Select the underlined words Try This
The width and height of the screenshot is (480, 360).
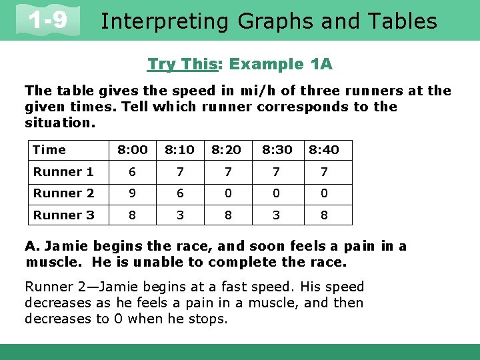[x=178, y=65]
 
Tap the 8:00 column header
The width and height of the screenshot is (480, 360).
[x=132, y=150]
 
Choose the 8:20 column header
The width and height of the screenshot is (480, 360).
[x=227, y=150]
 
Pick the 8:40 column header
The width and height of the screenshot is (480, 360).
[x=323, y=150]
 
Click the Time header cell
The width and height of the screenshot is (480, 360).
[x=49, y=150]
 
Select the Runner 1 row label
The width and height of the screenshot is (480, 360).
[x=63, y=172]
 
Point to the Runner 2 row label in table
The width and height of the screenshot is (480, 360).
[x=63, y=193]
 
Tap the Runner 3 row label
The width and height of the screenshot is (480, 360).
[x=63, y=215]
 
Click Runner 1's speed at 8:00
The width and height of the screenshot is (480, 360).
[x=132, y=172]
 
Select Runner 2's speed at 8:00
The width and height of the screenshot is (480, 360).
[x=132, y=193]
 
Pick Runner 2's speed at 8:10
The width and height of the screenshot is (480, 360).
[x=180, y=193]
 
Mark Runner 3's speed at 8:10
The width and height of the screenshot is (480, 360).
[x=180, y=215]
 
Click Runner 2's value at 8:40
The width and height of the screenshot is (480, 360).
[x=323, y=193]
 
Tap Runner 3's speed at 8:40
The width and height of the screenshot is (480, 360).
[x=323, y=215]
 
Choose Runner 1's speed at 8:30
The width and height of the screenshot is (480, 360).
[x=276, y=172]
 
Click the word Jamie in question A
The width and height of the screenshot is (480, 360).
[x=62, y=247]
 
